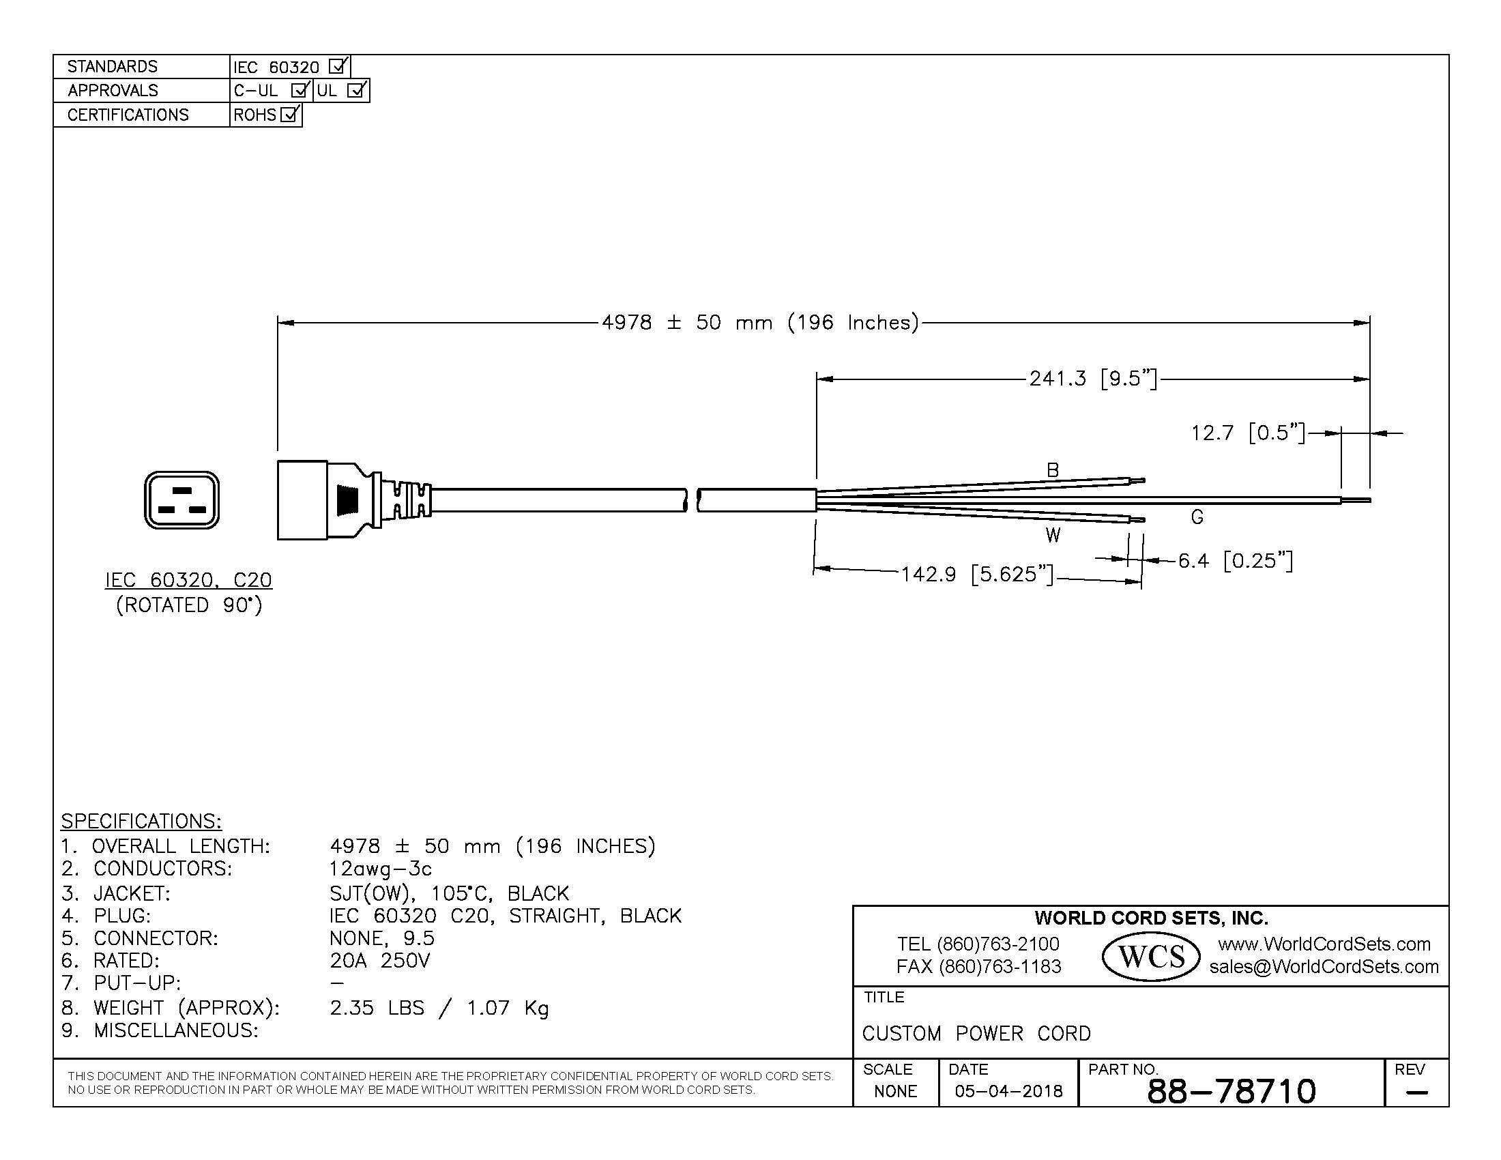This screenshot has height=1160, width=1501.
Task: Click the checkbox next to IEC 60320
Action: click(x=338, y=67)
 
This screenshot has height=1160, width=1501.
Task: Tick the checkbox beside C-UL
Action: click(x=300, y=91)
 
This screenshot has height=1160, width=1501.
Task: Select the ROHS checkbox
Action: click(x=290, y=115)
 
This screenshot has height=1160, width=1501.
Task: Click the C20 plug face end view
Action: click(x=181, y=499)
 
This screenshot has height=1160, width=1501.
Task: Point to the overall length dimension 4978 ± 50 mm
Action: click(x=759, y=322)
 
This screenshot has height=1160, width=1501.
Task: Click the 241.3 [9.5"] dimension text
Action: click(x=1093, y=379)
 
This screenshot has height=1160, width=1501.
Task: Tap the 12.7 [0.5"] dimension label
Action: click(x=1247, y=433)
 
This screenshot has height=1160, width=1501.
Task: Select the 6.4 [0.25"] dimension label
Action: click(x=1235, y=561)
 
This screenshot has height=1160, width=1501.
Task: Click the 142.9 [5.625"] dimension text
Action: click(x=976, y=574)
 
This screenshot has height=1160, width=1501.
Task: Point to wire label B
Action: click(x=1052, y=470)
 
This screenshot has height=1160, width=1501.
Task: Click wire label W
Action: click(x=1052, y=536)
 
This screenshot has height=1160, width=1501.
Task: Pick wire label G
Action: click(x=1197, y=517)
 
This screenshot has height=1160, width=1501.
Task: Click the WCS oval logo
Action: click(x=1150, y=956)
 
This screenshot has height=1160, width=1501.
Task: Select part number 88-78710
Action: click(x=1231, y=1090)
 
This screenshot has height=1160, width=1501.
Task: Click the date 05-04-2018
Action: click(x=1008, y=1091)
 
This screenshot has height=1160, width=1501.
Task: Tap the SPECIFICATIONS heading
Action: click(x=141, y=821)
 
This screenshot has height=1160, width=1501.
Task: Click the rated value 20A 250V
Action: click(x=379, y=961)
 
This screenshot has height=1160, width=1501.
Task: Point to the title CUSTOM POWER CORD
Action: click(x=976, y=1034)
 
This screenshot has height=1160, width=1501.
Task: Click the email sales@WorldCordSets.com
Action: click(x=1324, y=967)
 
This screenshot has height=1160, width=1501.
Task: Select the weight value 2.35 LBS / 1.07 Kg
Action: click(x=439, y=1008)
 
